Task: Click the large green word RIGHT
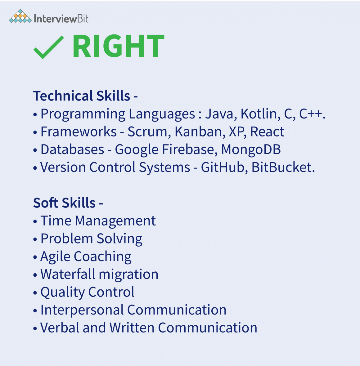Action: (118, 47)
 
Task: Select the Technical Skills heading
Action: (82, 96)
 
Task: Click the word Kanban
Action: (198, 132)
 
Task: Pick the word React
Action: (267, 132)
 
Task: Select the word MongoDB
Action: (251, 150)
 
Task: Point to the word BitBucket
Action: (281, 167)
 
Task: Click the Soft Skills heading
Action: (65, 203)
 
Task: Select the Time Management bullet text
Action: (98, 221)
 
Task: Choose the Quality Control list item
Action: (88, 292)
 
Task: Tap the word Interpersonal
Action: (82, 310)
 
